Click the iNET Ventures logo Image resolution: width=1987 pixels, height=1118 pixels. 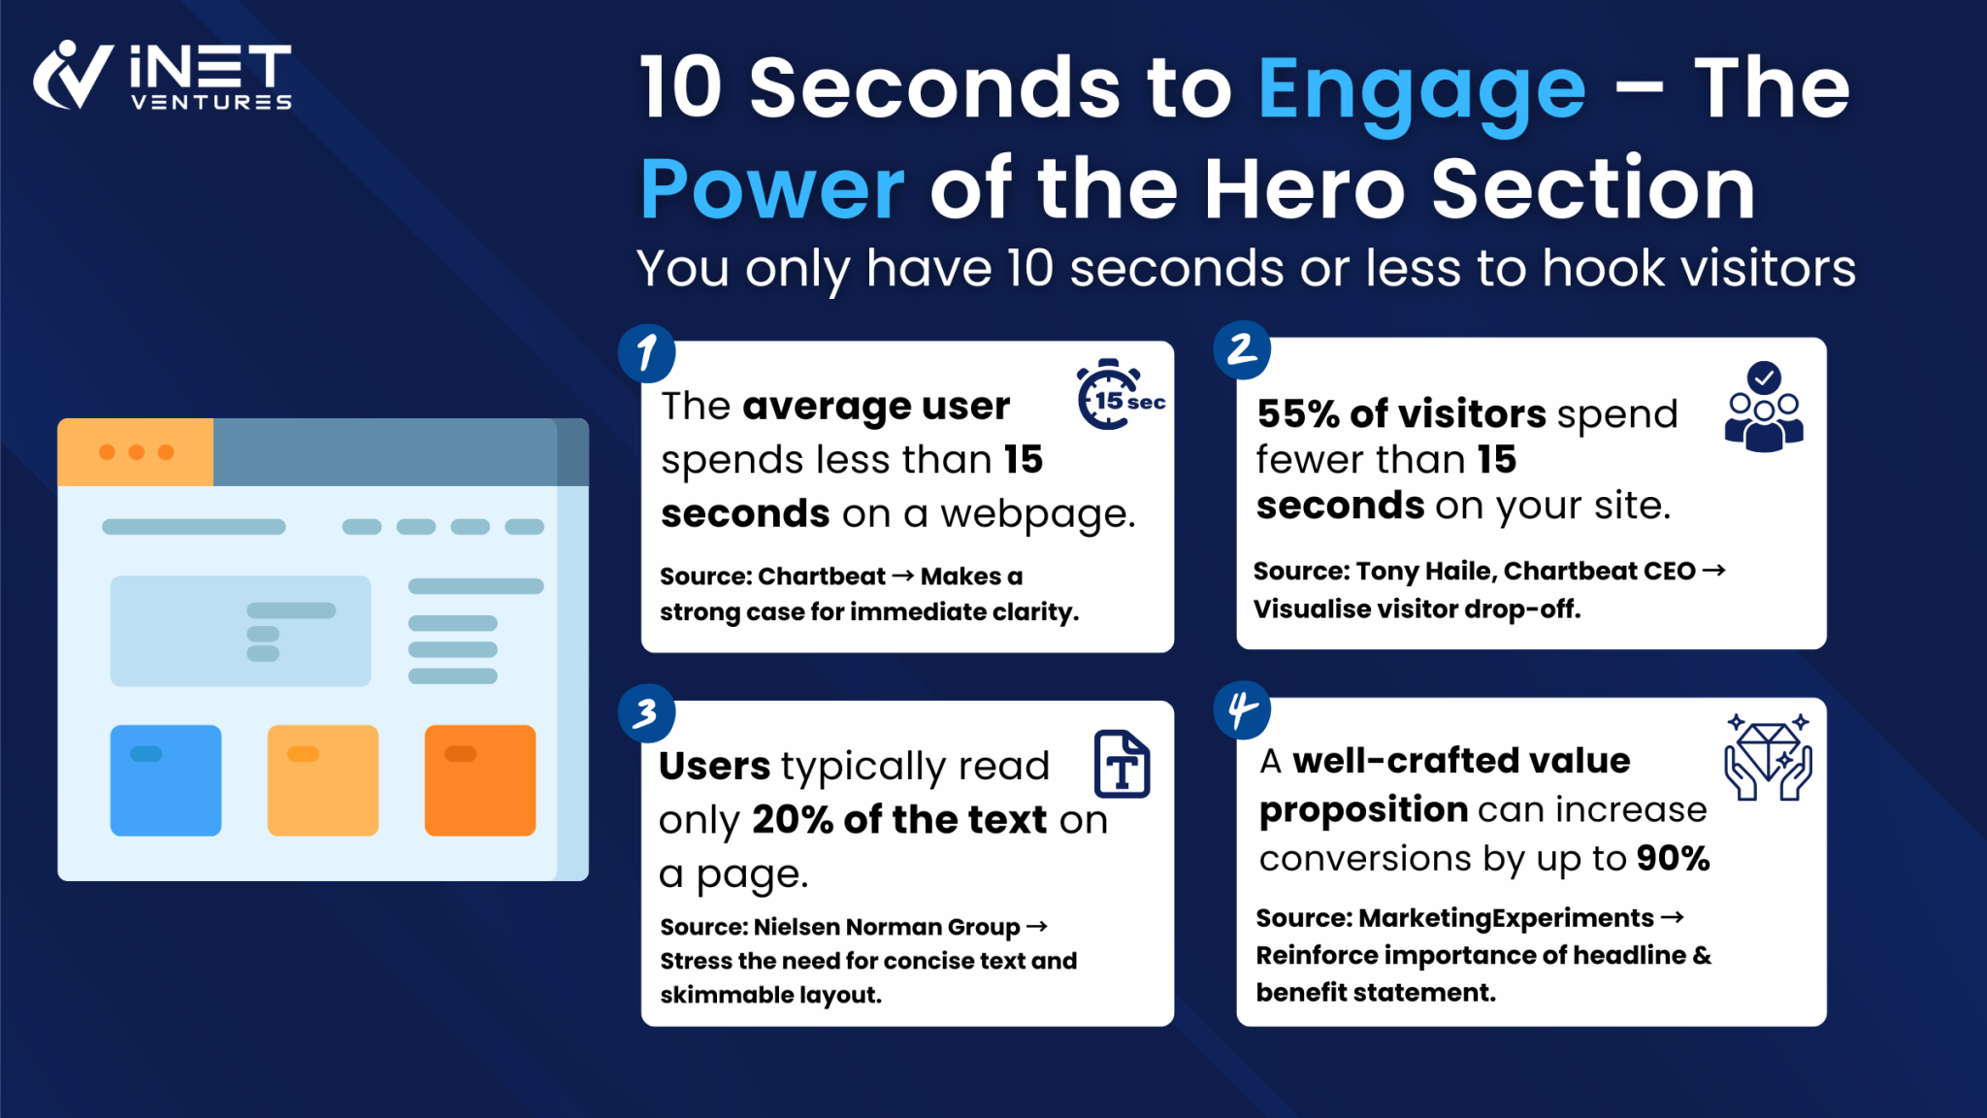(x=162, y=76)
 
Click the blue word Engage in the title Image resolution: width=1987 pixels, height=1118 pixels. (x=1421, y=89)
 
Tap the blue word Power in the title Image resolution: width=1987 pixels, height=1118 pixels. (x=772, y=189)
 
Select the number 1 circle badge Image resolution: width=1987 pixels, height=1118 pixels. (x=647, y=353)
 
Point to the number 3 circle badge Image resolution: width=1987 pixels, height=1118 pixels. (x=646, y=714)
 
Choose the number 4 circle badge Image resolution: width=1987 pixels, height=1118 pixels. (x=1242, y=710)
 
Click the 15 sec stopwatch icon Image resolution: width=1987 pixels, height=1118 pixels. (x=1116, y=396)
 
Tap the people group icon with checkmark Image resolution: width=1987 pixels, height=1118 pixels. (x=1764, y=408)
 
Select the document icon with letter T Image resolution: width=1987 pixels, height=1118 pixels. (x=1123, y=765)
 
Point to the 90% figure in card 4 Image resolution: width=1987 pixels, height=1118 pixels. (x=1673, y=859)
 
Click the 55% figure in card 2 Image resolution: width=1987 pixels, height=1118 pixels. (x=1298, y=414)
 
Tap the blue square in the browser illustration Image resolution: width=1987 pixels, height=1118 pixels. (x=166, y=780)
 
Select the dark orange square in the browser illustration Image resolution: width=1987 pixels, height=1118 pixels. (x=480, y=780)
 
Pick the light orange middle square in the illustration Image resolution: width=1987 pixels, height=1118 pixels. (x=323, y=780)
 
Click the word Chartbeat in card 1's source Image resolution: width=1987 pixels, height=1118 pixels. (x=821, y=576)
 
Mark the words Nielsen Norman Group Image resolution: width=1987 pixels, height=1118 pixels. (x=886, y=927)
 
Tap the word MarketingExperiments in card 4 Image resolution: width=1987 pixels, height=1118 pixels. (x=1506, y=918)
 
